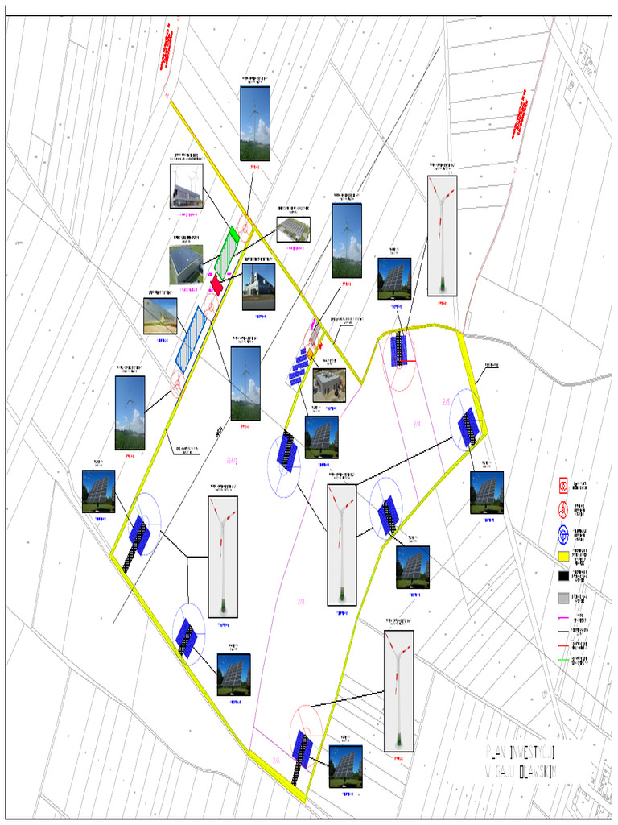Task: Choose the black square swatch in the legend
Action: pyautogui.click(x=563, y=576)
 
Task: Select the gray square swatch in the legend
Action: pyautogui.click(x=563, y=598)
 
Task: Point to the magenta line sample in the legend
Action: pyautogui.click(x=563, y=617)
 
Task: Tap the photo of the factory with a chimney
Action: pyautogui.click(x=258, y=286)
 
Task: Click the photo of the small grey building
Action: pyautogui.click(x=329, y=385)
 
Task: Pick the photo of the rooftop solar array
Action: pyautogui.click(x=186, y=264)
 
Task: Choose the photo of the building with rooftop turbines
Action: pyautogui.click(x=186, y=186)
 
